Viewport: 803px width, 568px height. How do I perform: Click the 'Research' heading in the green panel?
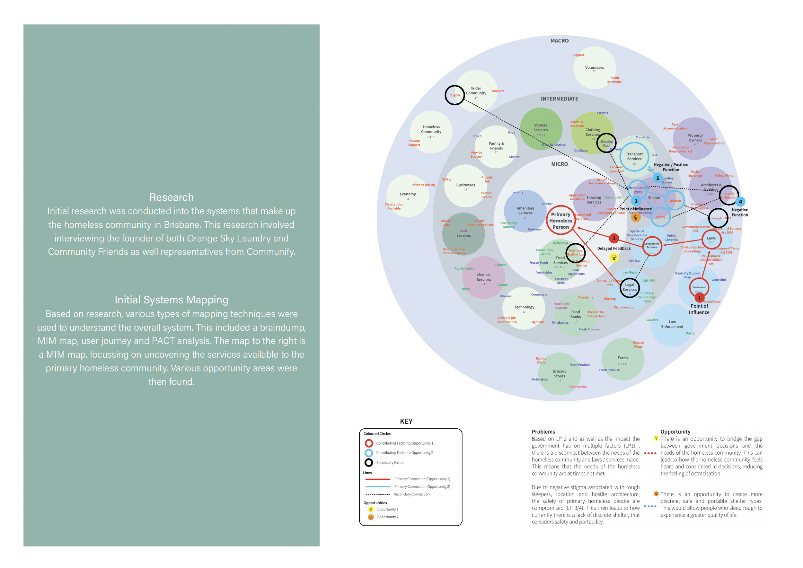tap(171, 197)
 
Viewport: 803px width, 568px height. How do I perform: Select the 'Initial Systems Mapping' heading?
tap(171, 300)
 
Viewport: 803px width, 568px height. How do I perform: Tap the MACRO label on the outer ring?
tap(559, 41)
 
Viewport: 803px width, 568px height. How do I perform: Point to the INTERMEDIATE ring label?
tap(559, 99)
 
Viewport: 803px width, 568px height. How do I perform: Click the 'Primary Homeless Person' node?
tap(560, 221)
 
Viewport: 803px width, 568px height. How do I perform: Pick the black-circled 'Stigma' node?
tap(454, 95)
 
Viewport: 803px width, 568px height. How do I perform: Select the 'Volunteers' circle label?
tap(594, 68)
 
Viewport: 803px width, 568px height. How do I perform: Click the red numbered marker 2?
tap(614, 238)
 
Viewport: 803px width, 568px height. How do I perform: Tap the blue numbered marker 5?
tap(657, 178)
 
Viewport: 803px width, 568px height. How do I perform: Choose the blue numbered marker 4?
tap(740, 201)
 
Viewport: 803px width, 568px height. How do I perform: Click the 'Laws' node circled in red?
tap(711, 239)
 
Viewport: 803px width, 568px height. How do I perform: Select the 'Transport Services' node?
tap(634, 157)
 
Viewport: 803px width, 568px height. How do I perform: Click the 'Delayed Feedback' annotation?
tap(614, 249)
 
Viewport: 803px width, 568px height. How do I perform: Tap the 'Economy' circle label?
tap(408, 195)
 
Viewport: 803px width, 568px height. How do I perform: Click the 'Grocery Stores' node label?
tap(559, 374)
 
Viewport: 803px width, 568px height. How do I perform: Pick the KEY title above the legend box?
tap(406, 422)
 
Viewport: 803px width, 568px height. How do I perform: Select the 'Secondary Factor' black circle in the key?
tap(368, 463)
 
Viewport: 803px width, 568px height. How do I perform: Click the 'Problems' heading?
tap(543, 432)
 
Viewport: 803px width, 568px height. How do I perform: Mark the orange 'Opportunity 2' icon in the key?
tap(371, 517)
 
